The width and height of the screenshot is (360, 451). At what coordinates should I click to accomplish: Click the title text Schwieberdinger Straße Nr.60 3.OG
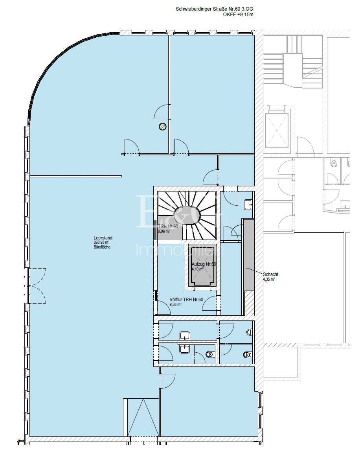[214, 9]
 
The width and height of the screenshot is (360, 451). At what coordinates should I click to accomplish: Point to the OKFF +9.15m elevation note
[238, 15]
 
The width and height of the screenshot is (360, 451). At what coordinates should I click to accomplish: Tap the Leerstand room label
[103, 238]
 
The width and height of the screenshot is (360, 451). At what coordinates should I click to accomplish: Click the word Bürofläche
[102, 247]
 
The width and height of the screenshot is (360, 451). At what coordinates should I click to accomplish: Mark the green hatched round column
[162, 127]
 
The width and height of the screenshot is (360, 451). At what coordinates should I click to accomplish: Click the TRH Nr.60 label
[169, 226]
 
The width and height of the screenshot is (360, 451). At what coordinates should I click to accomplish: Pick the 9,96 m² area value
[164, 232]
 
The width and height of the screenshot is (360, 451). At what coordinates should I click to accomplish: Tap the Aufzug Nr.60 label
[204, 264]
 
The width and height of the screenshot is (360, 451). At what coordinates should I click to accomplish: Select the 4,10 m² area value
[198, 269]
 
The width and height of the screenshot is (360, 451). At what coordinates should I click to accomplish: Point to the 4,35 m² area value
[269, 280]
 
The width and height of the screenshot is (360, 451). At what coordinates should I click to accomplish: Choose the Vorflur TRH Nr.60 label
[186, 300]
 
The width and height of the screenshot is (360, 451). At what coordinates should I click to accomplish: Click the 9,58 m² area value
[175, 304]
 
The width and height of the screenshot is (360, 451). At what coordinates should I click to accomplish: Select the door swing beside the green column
[161, 112]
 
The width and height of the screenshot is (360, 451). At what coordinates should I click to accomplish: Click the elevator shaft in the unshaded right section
[277, 130]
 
